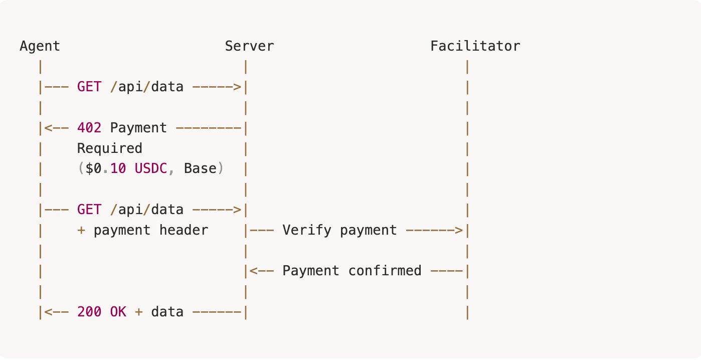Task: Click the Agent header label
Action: pyautogui.click(x=40, y=46)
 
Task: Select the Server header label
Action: pyautogui.click(x=249, y=46)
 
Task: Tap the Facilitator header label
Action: pyautogui.click(x=475, y=46)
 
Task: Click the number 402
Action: pyautogui.click(x=89, y=128)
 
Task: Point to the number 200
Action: pyautogui.click(x=89, y=312)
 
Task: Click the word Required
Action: pyautogui.click(x=110, y=148)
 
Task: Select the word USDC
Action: pyautogui.click(x=151, y=169)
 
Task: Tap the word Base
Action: pyautogui.click(x=200, y=169)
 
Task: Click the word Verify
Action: pyautogui.click(x=307, y=231)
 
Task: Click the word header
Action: pyautogui.click(x=184, y=231)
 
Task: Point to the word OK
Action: pyautogui.click(x=118, y=312)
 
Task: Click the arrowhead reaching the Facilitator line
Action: pyautogui.click(x=459, y=231)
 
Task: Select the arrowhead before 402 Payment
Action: pyautogui.click(x=49, y=128)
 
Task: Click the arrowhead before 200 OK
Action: pyautogui.click(x=49, y=312)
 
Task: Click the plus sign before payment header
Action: pyautogui.click(x=81, y=231)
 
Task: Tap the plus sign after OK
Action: pyautogui.click(x=138, y=312)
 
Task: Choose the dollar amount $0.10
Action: pyautogui.click(x=106, y=169)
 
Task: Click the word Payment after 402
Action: pyautogui.click(x=138, y=128)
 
